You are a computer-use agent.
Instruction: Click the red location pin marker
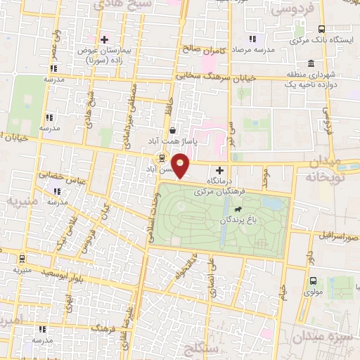pyautogui.click(x=181, y=166)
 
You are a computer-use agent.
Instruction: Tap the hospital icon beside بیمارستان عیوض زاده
pyautogui.click(x=105, y=39)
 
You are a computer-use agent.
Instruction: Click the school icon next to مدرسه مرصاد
pyautogui.click(x=252, y=39)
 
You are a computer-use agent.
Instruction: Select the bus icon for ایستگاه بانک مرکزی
pyautogui.click(x=321, y=29)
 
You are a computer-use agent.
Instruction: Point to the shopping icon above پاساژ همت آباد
pyautogui.click(x=173, y=130)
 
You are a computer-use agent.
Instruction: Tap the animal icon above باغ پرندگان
pyautogui.click(x=238, y=210)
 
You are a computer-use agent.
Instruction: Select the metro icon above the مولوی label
pyautogui.click(x=312, y=278)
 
